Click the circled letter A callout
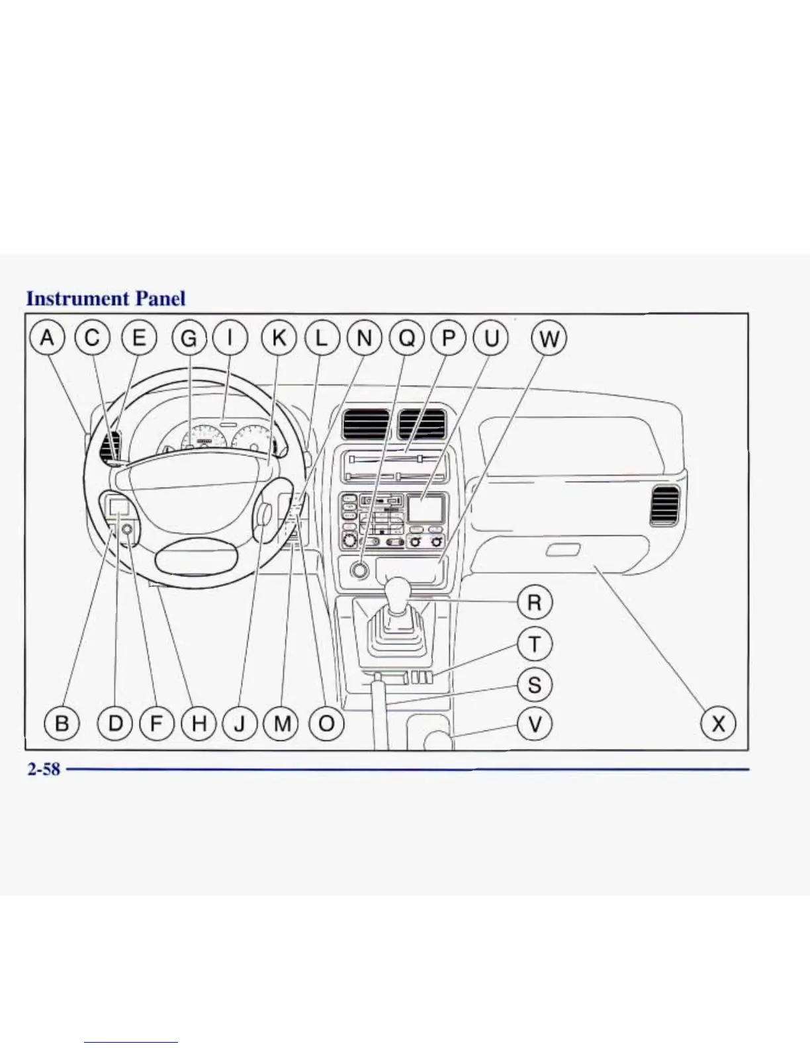point(46,338)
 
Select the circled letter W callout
point(549,339)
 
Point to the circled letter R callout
point(534,603)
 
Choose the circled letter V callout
point(534,723)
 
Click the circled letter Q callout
point(407,338)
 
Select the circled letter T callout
point(534,643)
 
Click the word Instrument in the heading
point(77,298)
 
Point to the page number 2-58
point(44,769)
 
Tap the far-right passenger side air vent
point(664,505)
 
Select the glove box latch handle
point(563,550)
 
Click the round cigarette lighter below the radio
point(359,570)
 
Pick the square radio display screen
point(425,508)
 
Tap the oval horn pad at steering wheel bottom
point(196,561)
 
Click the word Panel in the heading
point(160,298)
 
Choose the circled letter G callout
point(189,338)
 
